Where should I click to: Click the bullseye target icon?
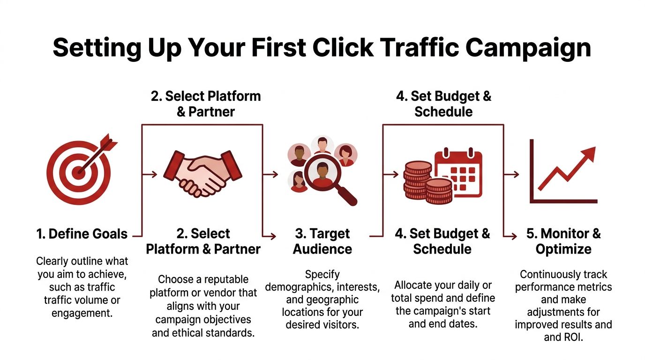tap(79, 172)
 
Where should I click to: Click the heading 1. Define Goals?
tap(82, 234)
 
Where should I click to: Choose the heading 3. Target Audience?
tap(322, 241)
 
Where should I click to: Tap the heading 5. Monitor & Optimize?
tap(563, 241)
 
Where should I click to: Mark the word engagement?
tap(82, 313)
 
